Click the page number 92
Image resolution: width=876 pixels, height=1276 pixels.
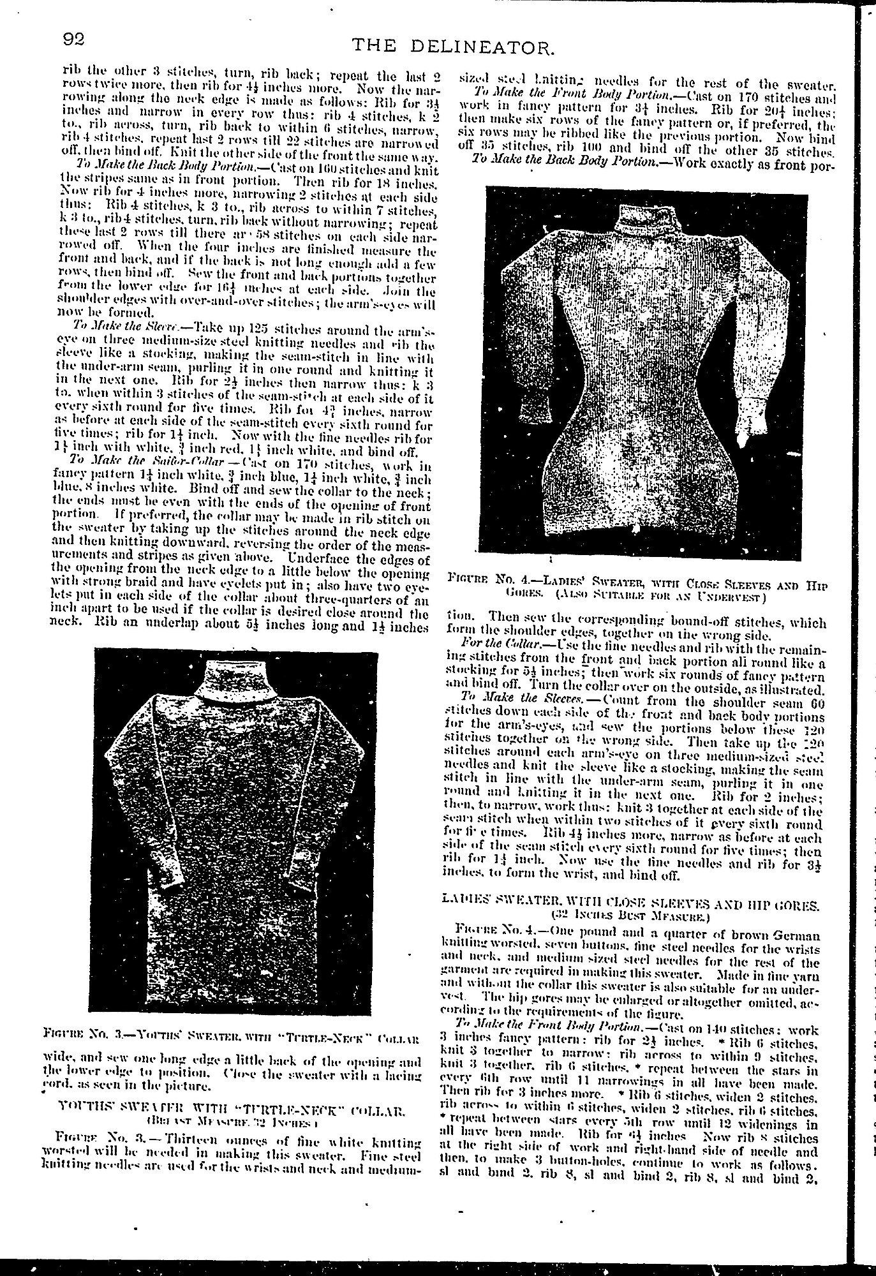(75, 40)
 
